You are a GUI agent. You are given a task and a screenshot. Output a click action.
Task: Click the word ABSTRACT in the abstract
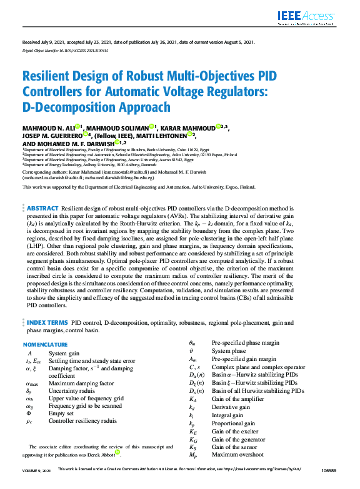(x=42, y=208)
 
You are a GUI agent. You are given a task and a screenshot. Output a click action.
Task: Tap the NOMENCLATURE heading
(x=46, y=345)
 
